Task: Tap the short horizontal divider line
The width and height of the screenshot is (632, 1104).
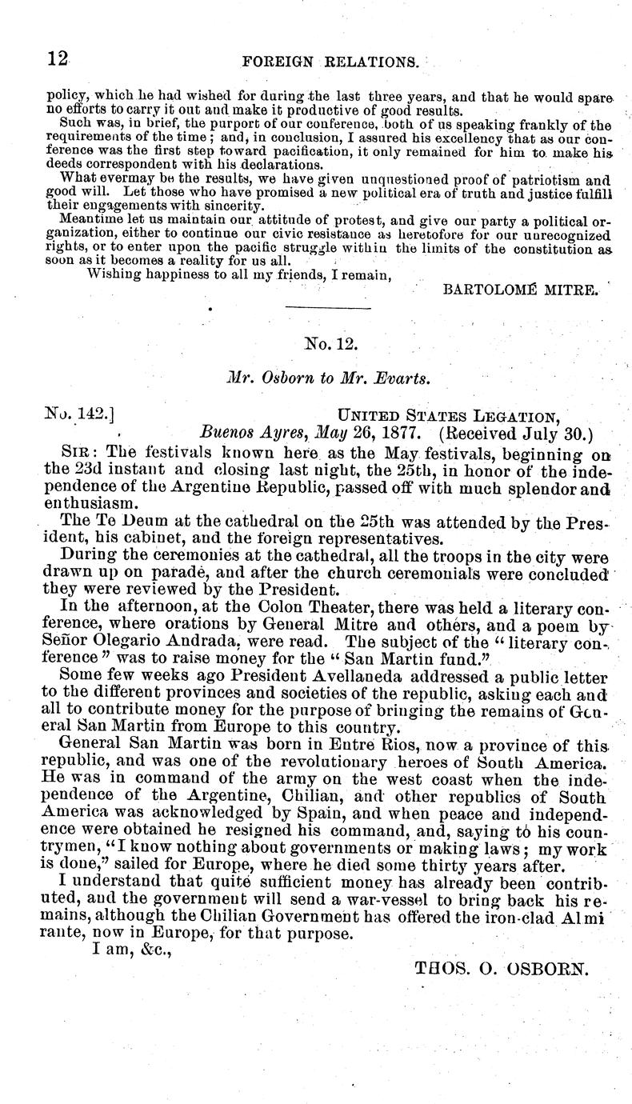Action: [x=329, y=308]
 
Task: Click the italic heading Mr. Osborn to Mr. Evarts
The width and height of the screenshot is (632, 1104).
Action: [x=329, y=379]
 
